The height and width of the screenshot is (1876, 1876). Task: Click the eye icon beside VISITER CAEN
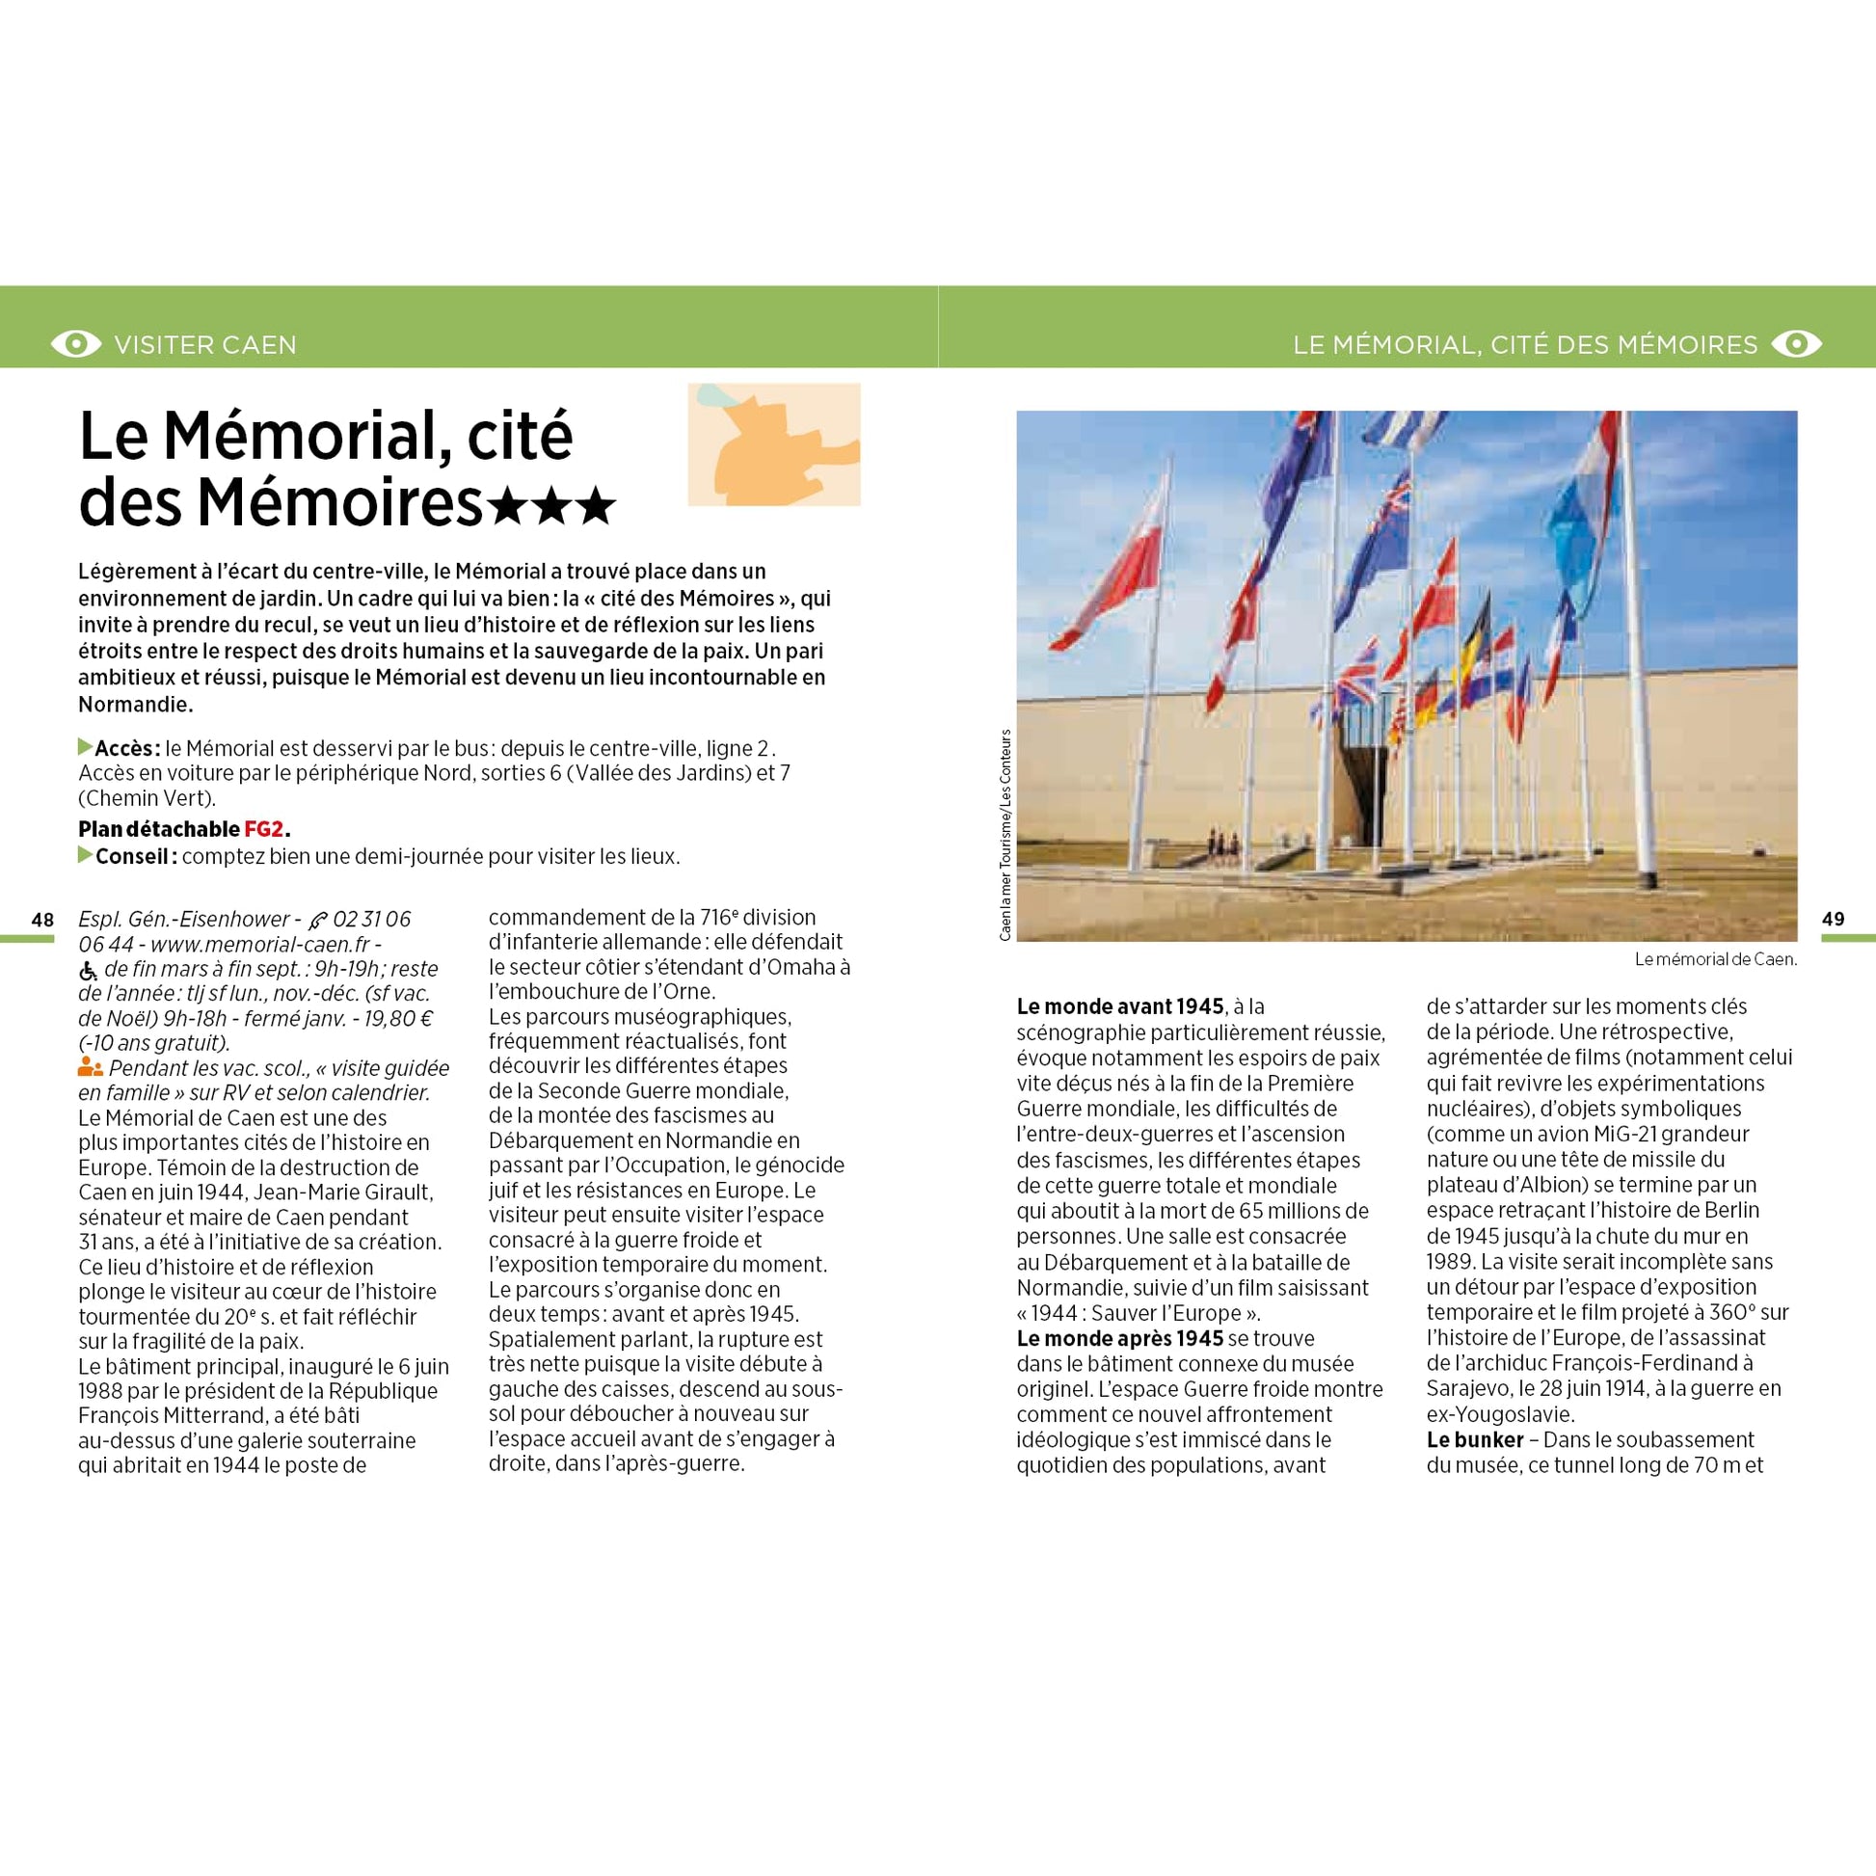click(76, 344)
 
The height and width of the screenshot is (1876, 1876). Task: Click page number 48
click(41, 920)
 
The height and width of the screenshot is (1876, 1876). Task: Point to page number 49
click(1833, 920)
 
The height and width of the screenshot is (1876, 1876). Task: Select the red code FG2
click(263, 829)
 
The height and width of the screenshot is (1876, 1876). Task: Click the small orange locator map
click(774, 444)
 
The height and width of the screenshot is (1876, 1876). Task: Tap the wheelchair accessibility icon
click(89, 970)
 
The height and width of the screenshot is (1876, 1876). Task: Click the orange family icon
click(91, 1068)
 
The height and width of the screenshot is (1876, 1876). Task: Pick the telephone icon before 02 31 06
click(316, 921)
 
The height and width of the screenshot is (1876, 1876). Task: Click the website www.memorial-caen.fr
click(260, 944)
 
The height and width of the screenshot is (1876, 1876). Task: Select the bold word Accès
click(126, 749)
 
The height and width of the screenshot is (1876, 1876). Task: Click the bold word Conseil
click(134, 856)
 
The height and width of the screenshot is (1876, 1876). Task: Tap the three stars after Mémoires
click(550, 506)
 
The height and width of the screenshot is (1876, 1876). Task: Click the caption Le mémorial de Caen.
click(1715, 959)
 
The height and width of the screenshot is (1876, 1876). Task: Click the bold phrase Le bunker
click(1474, 1439)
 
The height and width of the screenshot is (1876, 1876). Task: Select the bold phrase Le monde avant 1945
click(1119, 1007)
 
